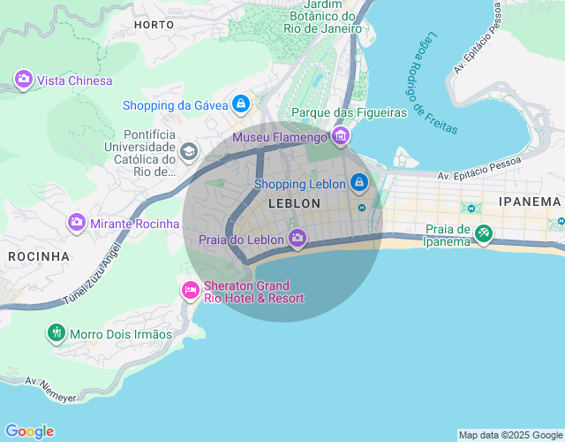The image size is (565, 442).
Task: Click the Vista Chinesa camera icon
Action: (24, 80)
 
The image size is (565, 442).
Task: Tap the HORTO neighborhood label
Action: (154, 25)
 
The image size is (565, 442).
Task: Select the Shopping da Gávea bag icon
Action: (240, 105)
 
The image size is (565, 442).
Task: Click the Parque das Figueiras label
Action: (349, 112)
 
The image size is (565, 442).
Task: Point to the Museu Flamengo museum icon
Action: (341, 136)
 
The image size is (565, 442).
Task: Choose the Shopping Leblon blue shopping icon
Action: (358, 183)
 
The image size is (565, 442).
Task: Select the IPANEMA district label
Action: (530, 202)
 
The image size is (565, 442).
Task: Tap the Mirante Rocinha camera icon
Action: (77, 223)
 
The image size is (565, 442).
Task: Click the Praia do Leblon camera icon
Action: (298, 239)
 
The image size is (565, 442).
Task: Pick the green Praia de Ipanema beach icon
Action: (483, 234)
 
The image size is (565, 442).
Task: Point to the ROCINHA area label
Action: (39, 256)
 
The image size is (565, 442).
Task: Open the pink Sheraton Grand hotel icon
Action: (190, 290)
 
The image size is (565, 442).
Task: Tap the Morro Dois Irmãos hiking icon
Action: (56, 333)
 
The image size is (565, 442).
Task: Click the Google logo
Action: (29, 431)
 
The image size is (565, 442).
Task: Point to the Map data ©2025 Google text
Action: (509, 435)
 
